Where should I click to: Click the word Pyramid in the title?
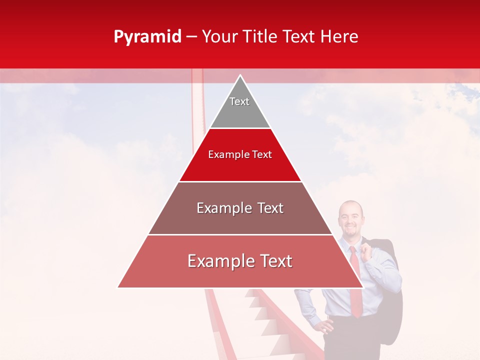tap(147, 37)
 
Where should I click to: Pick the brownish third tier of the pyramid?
tap(240, 220)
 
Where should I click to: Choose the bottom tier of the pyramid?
tap(240, 272)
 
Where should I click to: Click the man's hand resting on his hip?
tap(325, 326)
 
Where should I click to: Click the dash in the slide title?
tap(191, 37)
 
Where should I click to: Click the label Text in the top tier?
tap(239, 101)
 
